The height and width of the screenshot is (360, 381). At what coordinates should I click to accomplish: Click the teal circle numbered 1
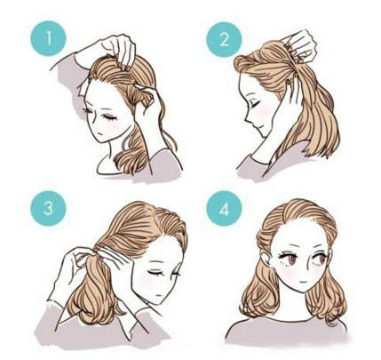tap(49, 38)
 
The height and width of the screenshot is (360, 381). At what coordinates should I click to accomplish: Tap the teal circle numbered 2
tap(224, 39)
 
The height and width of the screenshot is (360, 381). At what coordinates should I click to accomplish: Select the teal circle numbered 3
tap(49, 208)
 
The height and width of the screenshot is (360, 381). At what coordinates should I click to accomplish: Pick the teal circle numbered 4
tap(224, 208)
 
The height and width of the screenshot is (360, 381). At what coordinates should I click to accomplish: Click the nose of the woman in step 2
tap(248, 121)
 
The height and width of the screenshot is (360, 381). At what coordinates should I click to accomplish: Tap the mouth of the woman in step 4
tap(301, 281)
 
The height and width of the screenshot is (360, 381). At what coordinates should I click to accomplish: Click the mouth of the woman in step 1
tap(100, 134)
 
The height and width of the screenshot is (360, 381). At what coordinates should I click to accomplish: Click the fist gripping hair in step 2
tap(300, 47)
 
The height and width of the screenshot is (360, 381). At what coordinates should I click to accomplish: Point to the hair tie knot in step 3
tap(96, 252)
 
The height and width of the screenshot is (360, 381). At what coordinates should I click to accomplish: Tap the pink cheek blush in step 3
tap(147, 280)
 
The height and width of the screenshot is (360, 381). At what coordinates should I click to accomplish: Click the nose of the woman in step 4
tap(301, 270)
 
